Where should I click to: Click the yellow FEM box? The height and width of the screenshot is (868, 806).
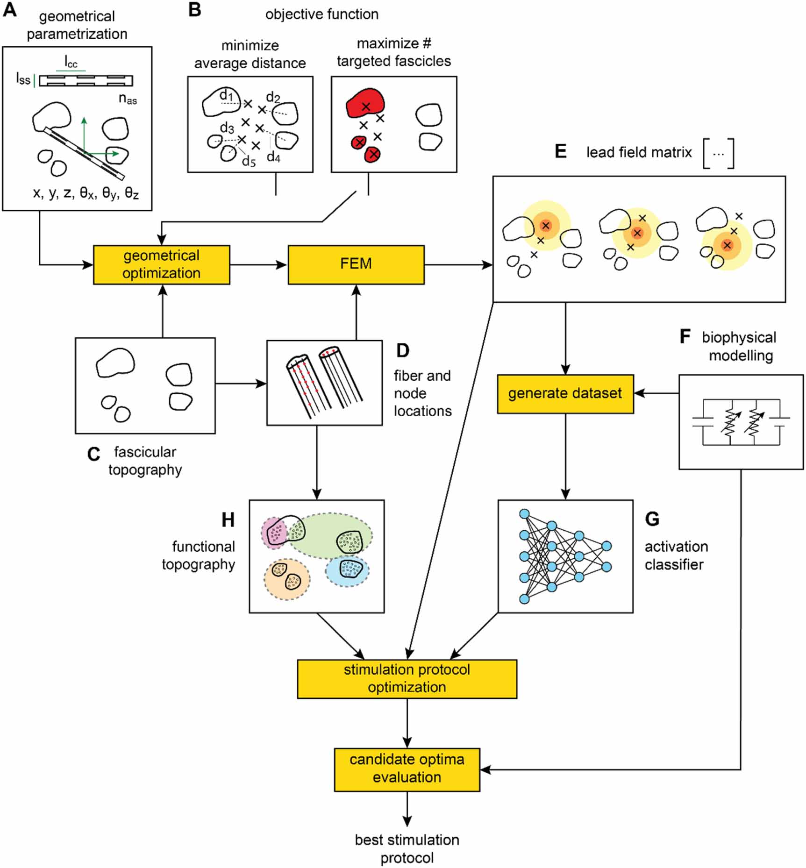pyautogui.click(x=356, y=264)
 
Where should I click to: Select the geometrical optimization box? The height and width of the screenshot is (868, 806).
pyautogui.click(x=161, y=264)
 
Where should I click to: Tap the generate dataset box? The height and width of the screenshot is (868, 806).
pyautogui.click(x=565, y=394)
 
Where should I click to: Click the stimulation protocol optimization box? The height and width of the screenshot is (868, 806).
pyautogui.click(x=407, y=678)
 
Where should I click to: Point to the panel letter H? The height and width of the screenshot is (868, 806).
pyautogui.click(x=228, y=519)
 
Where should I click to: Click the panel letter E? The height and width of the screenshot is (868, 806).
pyautogui.click(x=560, y=151)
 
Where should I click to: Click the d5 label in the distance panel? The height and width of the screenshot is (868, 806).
pyautogui.click(x=249, y=162)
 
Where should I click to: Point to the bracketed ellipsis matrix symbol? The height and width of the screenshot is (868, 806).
pyautogui.click(x=718, y=153)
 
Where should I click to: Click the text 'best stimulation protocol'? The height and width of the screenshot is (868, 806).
pyautogui.click(x=407, y=848)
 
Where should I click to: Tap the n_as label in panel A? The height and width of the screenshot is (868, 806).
pyautogui.click(x=128, y=99)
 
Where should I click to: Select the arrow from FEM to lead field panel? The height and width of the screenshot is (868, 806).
pyautogui.click(x=458, y=265)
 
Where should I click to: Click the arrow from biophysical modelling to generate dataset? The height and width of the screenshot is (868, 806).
pyautogui.click(x=656, y=393)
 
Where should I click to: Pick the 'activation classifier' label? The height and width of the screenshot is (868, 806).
pyautogui.click(x=676, y=555)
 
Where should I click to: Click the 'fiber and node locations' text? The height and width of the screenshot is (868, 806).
pyautogui.click(x=422, y=393)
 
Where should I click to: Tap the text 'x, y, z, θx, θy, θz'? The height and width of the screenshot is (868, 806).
pyautogui.click(x=86, y=193)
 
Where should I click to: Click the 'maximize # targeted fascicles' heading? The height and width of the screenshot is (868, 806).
pyautogui.click(x=393, y=52)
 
